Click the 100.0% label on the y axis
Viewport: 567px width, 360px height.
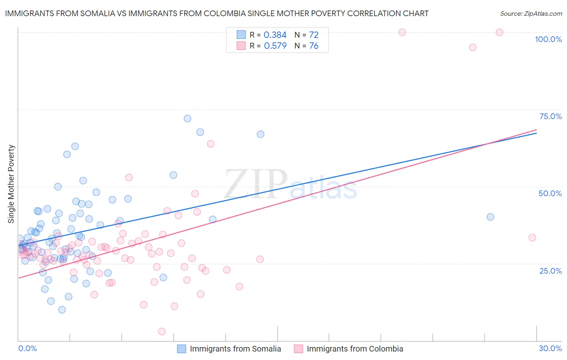click(548, 39)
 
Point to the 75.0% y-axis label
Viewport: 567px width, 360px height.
click(550, 116)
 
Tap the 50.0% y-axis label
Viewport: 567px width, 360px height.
click(550, 193)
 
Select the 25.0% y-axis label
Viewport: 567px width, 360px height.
click(550, 270)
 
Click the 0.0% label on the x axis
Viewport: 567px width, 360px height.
click(27, 348)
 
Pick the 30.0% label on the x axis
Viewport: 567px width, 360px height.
click(550, 348)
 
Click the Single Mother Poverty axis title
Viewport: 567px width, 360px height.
click(11, 184)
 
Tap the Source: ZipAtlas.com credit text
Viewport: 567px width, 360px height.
click(531, 14)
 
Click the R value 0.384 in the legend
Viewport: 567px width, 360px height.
click(275, 35)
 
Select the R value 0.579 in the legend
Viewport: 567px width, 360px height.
click(275, 46)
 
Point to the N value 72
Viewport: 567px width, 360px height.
click(314, 35)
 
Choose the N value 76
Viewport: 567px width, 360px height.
click(314, 46)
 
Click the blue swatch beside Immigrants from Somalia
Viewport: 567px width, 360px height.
click(182, 349)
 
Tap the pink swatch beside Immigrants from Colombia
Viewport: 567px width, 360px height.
click(298, 349)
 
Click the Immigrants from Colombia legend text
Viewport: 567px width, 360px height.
click(355, 349)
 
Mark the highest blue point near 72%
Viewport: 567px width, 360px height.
click(188, 119)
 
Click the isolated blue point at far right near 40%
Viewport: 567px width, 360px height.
click(490, 217)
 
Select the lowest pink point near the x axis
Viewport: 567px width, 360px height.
click(162, 331)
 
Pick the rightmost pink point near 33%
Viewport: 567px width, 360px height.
click(532, 238)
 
